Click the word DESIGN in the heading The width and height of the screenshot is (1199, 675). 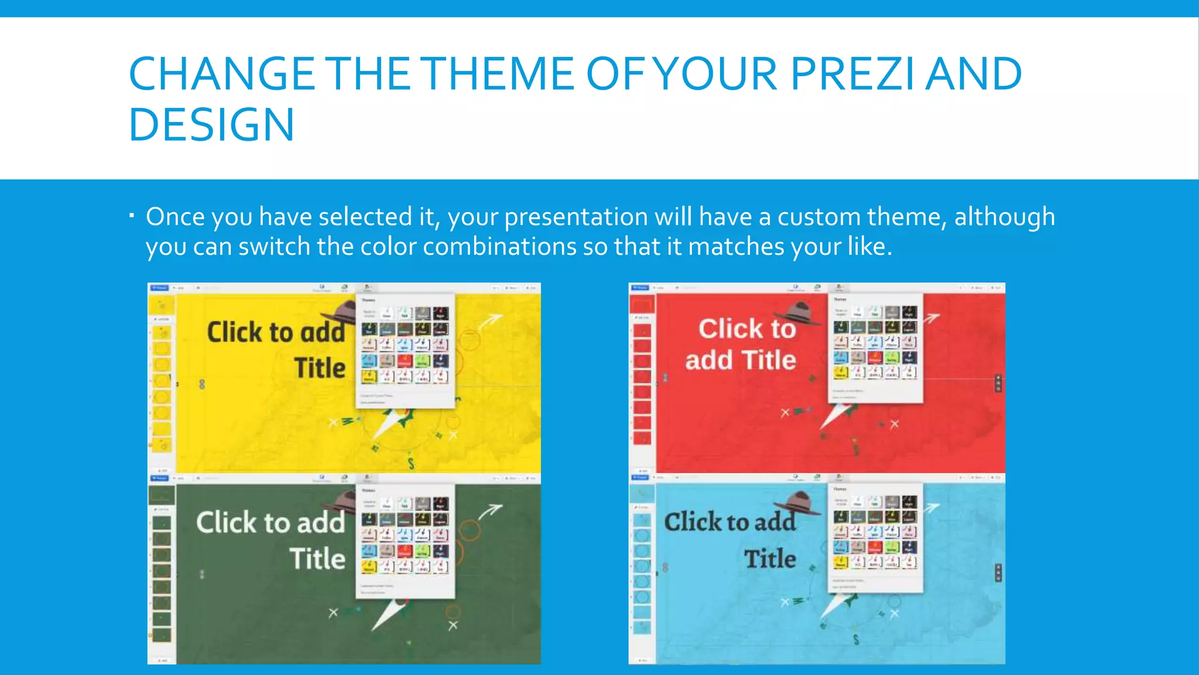(x=211, y=125)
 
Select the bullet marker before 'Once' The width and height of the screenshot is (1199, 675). (x=132, y=217)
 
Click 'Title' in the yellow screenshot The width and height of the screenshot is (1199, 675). (x=320, y=368)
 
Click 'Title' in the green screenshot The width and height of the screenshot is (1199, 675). (x=317, y=558)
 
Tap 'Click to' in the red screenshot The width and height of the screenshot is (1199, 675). (x=747, y=328)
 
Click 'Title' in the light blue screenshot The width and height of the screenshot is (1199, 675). (x=769, y=558)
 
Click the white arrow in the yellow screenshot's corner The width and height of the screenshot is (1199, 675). (x=491, y=321)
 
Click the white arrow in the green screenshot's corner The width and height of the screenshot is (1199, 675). (x=490, y=512)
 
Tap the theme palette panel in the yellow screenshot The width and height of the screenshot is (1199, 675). (x=405, y=350)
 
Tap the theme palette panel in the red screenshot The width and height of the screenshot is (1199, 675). (x=875, y=348)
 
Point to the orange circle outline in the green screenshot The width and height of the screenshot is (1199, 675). (x=469, y=530)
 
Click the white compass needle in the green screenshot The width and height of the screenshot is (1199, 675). (x=388, y=616)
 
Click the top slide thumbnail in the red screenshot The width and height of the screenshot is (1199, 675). (x=642, y=305)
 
